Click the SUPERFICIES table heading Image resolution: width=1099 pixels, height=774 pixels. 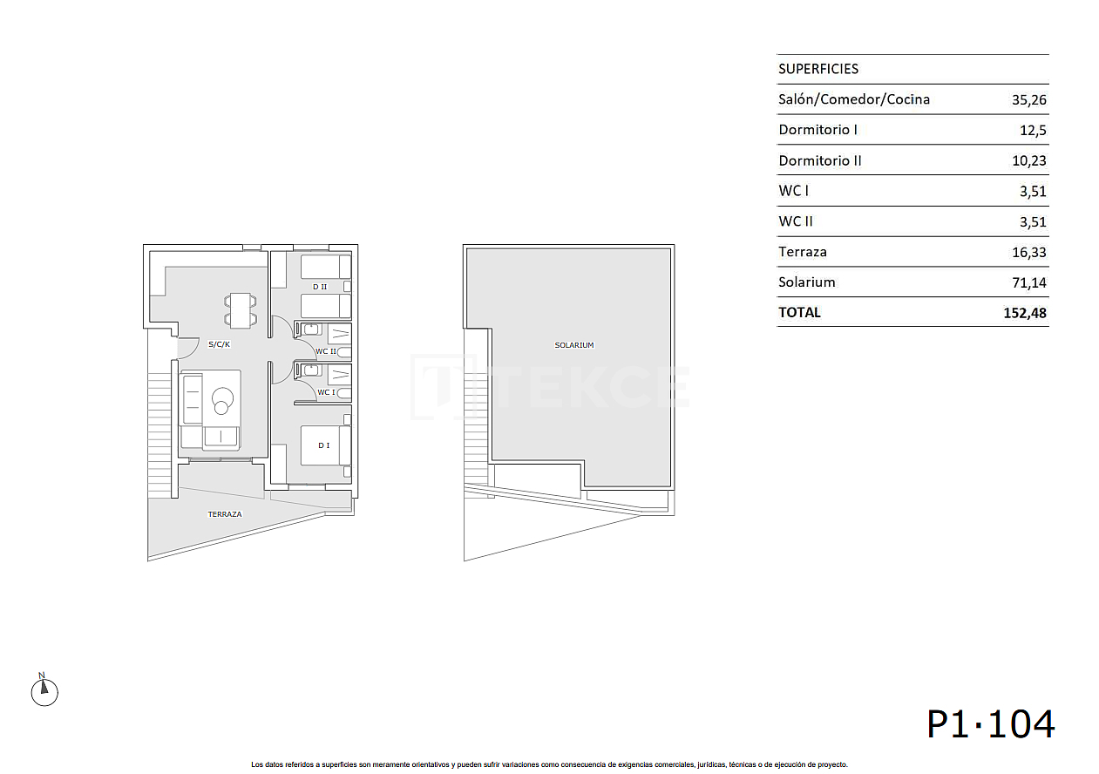pos(817,69)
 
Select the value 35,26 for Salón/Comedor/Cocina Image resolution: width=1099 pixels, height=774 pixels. pos(1028,99)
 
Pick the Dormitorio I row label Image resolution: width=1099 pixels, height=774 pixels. pos(817,130)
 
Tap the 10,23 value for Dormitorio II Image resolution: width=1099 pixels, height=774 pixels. pos(1028,160)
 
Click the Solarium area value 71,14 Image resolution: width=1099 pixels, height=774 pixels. pos(1028,282)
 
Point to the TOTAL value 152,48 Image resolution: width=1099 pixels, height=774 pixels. pos(1025,312)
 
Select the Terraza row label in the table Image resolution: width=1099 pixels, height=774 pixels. pos(802,252)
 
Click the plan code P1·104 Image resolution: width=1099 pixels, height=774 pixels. pos(990,723)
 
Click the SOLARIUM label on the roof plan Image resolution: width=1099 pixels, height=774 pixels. pos(573,345)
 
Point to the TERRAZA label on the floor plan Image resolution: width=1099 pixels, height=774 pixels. pos(225,514)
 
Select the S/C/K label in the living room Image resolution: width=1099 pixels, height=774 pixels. pos(219,344)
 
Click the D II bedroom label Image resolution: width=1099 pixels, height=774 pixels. pos(319,286)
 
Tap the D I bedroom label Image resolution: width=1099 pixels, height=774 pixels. pos(323,445)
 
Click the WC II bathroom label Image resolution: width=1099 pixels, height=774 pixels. pos(325,351)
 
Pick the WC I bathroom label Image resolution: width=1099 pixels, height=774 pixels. pos(325,392)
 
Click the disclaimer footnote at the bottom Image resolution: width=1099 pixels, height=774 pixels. pos(549,764)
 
